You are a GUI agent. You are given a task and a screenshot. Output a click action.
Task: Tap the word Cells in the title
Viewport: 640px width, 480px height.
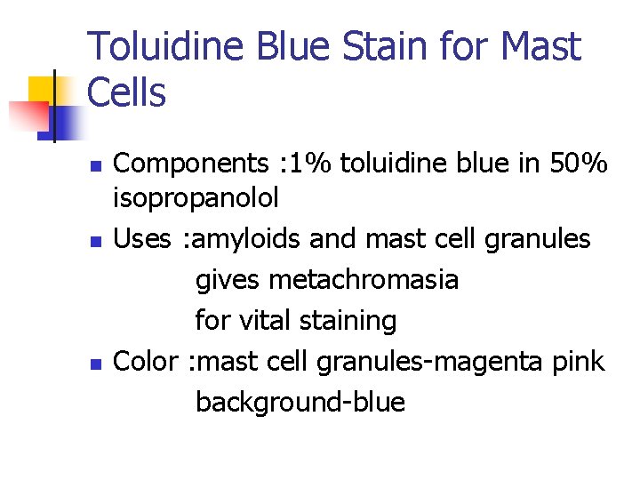tap(127, 92)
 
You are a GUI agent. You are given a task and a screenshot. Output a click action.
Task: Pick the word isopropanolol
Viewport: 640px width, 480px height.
tap(196, 197)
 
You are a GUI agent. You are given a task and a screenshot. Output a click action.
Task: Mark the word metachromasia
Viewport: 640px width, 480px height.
tap(364, 280)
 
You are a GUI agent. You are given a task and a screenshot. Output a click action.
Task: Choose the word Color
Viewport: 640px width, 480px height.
tap(148, 361)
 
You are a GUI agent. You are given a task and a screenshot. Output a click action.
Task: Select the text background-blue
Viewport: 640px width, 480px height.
tap(300, 403)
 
